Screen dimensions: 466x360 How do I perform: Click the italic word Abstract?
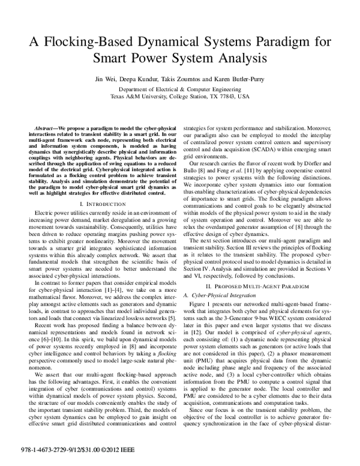[x=45, y=129]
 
